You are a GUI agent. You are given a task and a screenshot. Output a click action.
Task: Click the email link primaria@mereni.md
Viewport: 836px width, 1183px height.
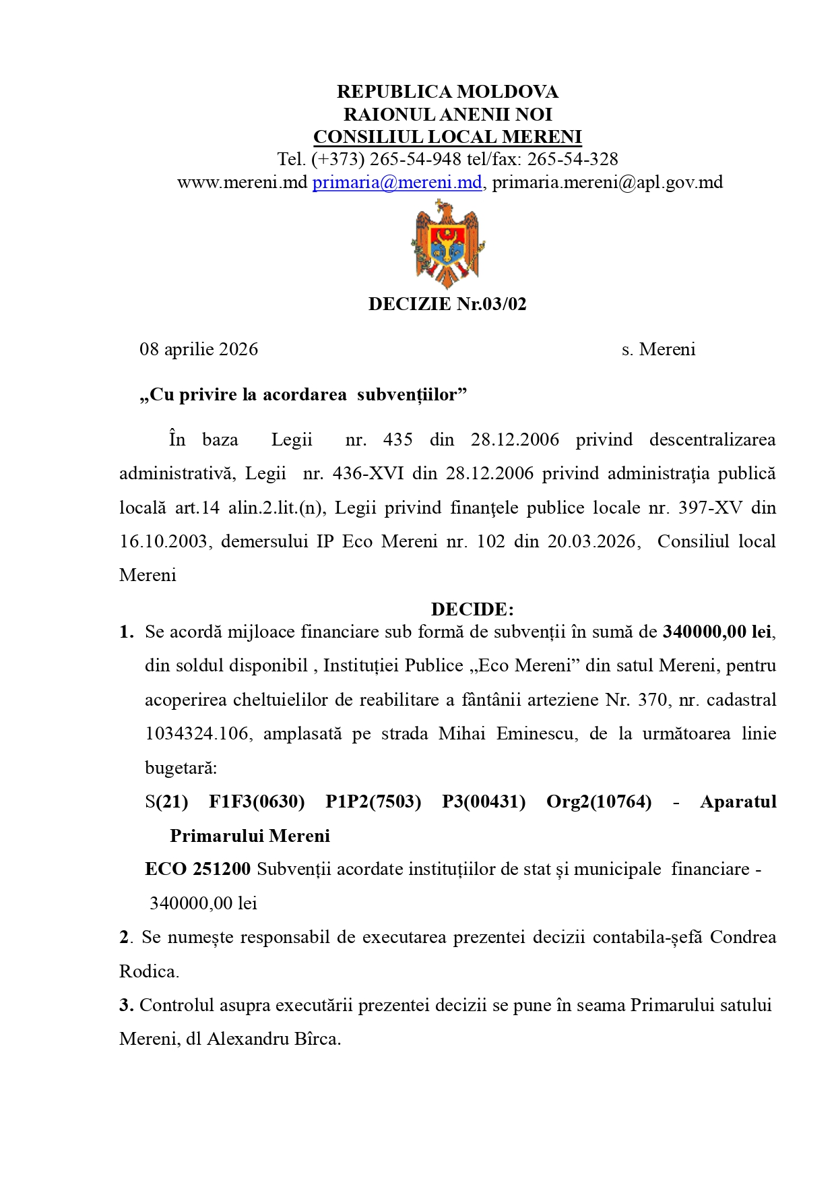397,182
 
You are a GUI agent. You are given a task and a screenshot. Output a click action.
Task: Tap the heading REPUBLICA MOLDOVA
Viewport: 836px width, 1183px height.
447,92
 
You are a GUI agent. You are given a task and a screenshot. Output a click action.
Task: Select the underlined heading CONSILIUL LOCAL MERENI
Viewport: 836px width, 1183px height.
447,137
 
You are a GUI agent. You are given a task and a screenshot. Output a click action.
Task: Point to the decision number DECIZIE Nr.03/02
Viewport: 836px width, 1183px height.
447,304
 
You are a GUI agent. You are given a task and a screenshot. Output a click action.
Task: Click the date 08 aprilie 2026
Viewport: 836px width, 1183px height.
199,349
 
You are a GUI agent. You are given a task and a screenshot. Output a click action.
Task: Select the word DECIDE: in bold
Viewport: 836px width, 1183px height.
472,609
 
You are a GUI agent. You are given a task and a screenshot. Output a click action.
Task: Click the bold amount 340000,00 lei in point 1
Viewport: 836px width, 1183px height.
717,632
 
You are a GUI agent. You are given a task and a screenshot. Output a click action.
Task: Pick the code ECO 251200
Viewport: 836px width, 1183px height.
197,869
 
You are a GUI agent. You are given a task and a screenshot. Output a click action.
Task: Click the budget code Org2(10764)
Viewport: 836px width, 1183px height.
599,801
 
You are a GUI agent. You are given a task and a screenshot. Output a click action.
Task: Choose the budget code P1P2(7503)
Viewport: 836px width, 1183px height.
373,801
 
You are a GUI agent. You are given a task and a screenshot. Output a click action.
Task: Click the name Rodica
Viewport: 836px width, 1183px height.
149,971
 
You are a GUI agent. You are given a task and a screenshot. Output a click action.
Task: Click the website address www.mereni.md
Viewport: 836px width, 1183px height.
242,182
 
